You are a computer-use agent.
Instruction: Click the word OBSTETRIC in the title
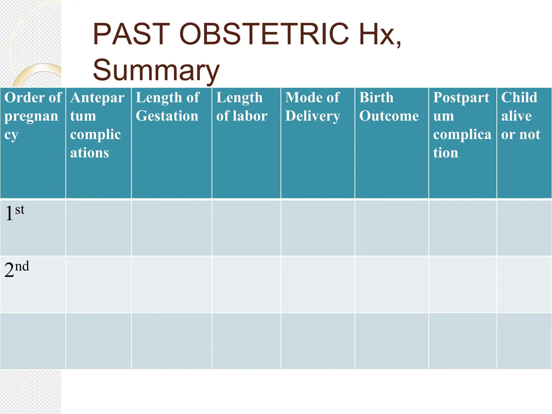pos(264,34)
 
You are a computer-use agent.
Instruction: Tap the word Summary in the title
pos(156,70)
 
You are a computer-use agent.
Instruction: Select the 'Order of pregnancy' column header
pos(33,116)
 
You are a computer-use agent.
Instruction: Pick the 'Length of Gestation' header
pos(167,107)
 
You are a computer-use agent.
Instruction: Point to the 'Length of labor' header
pos(242,107)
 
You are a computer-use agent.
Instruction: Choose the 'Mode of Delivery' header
pos(313,107)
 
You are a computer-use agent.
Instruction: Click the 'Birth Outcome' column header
pos(389,107)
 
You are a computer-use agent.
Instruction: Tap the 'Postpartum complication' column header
pos(462,125)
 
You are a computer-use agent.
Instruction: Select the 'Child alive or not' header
pos(521,116)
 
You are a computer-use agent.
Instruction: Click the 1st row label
pos(15,213)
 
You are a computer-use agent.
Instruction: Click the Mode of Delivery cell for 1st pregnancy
pos(318,228)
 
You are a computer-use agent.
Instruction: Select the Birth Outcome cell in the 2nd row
pos(392,284)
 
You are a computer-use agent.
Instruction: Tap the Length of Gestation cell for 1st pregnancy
pos(171,228)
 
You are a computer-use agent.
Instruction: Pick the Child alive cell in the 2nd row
pos(524,284)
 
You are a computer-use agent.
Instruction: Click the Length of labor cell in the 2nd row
pos(246,284)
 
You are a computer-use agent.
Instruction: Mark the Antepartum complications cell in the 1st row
pos(98,228)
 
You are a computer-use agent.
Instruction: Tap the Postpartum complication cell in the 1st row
pos(463,228)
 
